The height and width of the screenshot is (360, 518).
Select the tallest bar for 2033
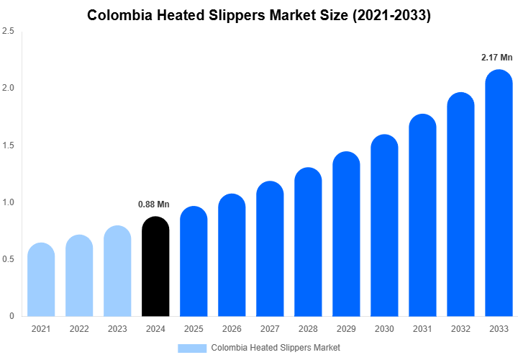(x=499, y=194)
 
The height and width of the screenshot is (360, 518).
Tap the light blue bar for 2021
(x=41, y=281)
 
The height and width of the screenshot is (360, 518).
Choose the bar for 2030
(x=384, y=226)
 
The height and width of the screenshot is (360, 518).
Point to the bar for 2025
(x=194, y=262)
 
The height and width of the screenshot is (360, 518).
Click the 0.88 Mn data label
(x=153, y=204)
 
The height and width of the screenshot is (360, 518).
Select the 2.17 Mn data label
(x=497, y=57)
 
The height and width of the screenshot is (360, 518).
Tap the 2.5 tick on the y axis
(x=9, y=32)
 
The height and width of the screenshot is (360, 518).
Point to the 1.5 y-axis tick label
(x=9, y=145)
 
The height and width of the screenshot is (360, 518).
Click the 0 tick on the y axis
(x=12, y=316)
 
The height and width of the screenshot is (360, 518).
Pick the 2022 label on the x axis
(x=79, y=329)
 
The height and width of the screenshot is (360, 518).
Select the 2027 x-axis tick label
(x=270, y=329)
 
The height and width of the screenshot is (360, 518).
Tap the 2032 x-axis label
(x=460, y=329)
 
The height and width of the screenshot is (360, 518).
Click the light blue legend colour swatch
(x=191, y=348)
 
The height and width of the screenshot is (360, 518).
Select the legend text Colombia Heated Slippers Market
(x=276, y=348)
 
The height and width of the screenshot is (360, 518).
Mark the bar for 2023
(x=117, y=271)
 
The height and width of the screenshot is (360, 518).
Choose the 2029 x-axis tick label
(x=346, y=329)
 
